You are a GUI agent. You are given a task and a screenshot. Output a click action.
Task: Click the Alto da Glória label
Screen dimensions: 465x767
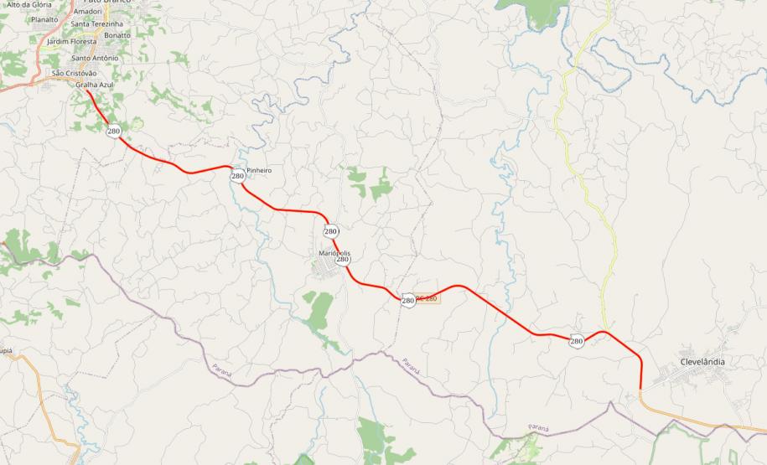tap(29, 4)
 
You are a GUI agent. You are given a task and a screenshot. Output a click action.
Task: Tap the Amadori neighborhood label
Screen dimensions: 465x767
tap(88, 12)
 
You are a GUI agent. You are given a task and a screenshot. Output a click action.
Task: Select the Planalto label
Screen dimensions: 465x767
tap(44, 19)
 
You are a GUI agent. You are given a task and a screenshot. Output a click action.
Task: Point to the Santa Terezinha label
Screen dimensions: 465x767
tap(97, 24)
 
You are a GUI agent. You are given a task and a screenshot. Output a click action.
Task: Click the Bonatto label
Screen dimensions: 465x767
tap(117, 35)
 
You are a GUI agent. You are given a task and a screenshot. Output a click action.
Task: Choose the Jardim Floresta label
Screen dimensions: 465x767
tap(72, 41)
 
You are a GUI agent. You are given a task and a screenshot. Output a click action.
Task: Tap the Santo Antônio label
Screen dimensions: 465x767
tap(94, 59)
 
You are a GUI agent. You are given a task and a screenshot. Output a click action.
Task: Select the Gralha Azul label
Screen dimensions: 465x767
tap(94, 85)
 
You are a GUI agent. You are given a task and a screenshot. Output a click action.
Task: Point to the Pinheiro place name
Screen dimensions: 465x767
tap(259, 170)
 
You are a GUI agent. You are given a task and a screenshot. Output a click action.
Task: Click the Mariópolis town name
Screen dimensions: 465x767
tap(334, 253)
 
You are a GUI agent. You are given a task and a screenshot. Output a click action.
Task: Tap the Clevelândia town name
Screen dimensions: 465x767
tap(702, 362)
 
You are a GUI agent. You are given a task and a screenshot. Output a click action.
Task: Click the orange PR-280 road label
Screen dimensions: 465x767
tap(428, 298)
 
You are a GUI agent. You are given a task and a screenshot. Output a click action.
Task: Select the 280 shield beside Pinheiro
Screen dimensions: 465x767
tap(238, 176)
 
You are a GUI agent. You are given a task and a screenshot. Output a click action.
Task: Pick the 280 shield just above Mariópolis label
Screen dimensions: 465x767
tap(331, 231)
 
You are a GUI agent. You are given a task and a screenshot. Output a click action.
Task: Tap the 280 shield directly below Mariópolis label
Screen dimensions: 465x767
tap(343, 260)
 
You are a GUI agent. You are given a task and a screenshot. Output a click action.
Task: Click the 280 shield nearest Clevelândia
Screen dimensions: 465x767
tap(577, 341)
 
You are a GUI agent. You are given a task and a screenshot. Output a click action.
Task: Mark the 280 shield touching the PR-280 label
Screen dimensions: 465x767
tap(408, 300)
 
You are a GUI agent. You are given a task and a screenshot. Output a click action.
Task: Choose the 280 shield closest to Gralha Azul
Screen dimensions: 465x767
tap(114, 132)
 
